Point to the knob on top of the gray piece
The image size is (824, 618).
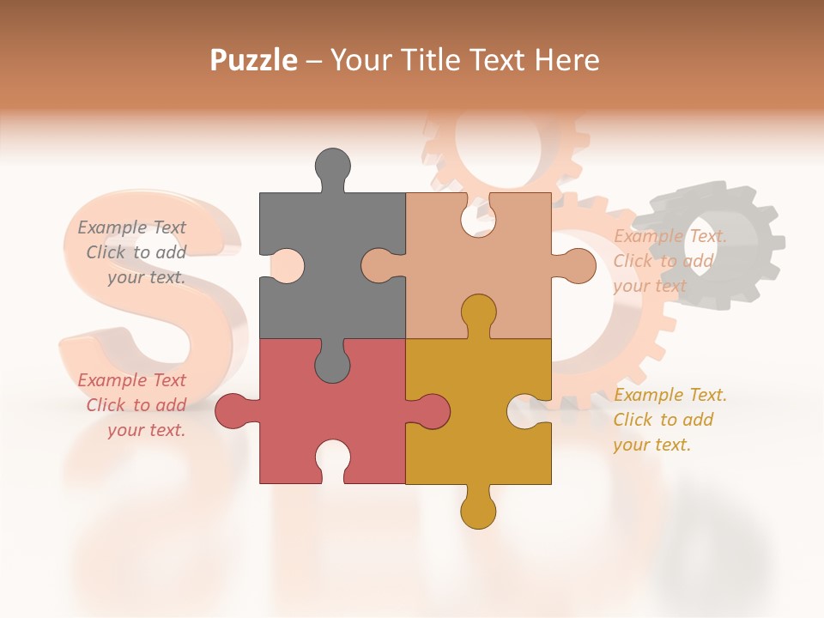tap(332, 166)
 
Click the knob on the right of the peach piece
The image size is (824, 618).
tap(579, 266)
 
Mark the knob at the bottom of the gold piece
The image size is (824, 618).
tap(478, 512)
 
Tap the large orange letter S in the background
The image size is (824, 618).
tap(146, 283)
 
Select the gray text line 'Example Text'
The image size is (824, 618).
tap(132, 227)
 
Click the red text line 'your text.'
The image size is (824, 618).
tap(146, 430)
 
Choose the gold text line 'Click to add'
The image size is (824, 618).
tap(663, 420)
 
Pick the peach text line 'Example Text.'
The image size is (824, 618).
tap(669, 236)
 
